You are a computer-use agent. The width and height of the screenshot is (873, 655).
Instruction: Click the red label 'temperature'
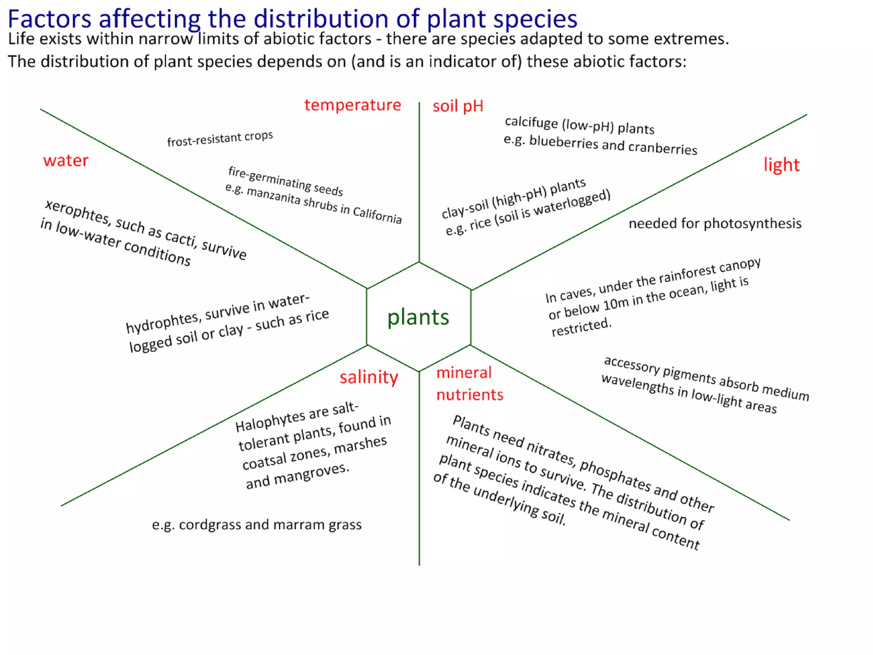pyautogui.click(x=353, y=105)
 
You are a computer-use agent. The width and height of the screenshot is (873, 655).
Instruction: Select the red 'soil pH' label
pyautogui.click(x=458, y=106)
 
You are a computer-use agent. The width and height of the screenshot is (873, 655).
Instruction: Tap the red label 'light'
pyautogui.click(x=781, y=165)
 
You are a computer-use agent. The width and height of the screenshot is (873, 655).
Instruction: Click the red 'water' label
pyautogui.click(x=66, y=160)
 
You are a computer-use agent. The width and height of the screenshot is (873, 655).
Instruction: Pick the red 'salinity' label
pyautogui.click(x=369, y=377)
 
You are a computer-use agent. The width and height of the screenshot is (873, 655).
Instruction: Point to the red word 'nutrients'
pyautogui.click(x=470, y=394)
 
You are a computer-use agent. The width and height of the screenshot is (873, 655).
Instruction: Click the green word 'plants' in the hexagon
pyautogui.click(x=418, y=317)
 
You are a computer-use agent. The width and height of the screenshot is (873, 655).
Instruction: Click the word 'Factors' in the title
pyautogui.click(x=49, y=19)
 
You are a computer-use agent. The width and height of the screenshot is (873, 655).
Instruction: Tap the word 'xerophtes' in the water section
pyautogui.click(x=77, y=212)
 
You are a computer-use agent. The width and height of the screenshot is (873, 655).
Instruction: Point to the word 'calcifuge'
pyautogui.click(x=531, y=123)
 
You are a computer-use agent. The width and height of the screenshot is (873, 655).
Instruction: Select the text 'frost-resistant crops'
pyautogui.click(x=220, y=139)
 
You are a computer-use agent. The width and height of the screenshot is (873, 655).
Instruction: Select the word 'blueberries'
pyautogui.click(x=564, y=142)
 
